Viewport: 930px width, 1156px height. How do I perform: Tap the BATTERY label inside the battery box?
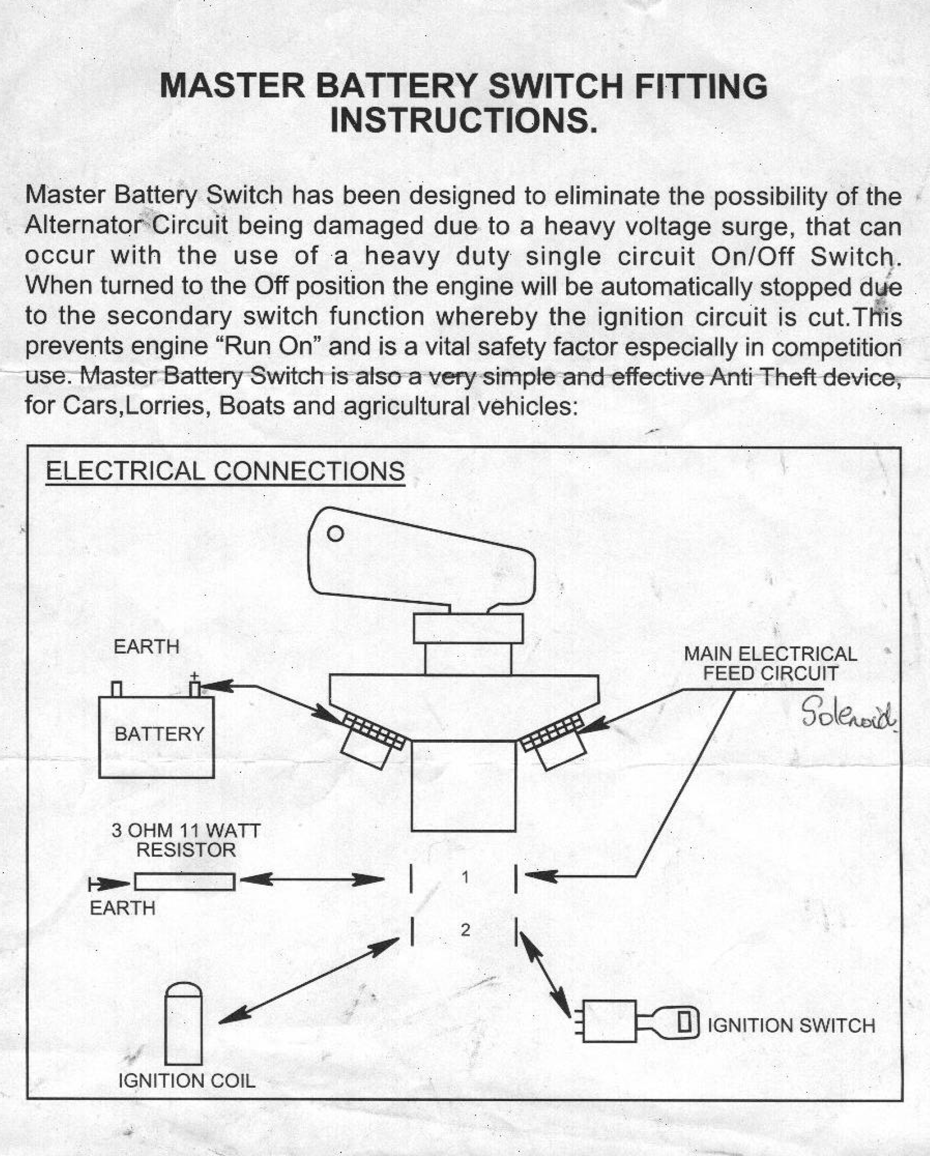pos(159,733)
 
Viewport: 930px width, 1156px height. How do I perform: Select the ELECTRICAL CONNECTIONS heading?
pos(225,472)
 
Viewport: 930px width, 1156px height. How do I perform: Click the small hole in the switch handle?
pos(335,533)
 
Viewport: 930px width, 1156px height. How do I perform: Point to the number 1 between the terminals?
pos(465,877)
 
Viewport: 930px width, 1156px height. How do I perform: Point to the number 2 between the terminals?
pos(465,930)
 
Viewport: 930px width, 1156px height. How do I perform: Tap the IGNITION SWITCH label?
pos(791,1026)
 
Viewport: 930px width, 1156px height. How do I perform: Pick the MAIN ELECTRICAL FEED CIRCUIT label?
pos(770,663)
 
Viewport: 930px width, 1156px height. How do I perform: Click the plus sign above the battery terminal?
pos(195,676)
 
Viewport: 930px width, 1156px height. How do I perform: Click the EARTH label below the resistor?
pos(123,908)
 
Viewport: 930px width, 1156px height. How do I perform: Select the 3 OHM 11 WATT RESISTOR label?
pos(186,840)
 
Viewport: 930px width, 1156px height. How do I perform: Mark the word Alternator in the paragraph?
pos(85,226)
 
